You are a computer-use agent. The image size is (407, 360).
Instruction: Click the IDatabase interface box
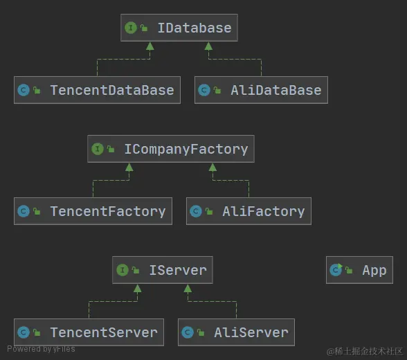(x=179, y=28)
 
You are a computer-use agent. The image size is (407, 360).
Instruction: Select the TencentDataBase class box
(x=97, y=90)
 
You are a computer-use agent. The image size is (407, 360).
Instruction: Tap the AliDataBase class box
(x=261, y=90)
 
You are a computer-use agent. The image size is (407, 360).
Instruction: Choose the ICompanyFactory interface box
(x=170, y=149)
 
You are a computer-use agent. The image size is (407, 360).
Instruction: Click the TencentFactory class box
(x=93, y=211)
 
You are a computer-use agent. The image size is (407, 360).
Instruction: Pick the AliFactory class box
(x=248, y=211)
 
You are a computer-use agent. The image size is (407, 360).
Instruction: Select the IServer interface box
(x=162, y=270)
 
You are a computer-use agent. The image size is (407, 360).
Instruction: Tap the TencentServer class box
(x=89, y=332)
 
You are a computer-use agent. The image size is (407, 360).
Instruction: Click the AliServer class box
(x=236, y=332)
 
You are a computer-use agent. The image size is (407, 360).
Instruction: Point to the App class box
(x=359, y=270)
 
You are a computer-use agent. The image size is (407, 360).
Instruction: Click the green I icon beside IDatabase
(x=130, y=28)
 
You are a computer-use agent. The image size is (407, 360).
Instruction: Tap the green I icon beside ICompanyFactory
(x=97, y=149)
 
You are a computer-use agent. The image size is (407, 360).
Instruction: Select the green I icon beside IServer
(x=123, y=270)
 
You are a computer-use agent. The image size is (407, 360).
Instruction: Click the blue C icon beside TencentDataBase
(x=24, y=90)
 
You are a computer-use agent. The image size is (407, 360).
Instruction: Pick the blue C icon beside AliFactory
(x=196, y=211)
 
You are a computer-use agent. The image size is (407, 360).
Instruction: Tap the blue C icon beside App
(x=336, y=270)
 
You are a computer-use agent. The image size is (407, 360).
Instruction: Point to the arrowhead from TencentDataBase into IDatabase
(x=150, y=46)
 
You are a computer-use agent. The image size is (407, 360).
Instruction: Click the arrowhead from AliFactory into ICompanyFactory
(x=212, y=167)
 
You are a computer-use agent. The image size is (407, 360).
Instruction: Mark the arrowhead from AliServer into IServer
(x=187, y=288)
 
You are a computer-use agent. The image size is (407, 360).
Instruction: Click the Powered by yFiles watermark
(x=41, y=349)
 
